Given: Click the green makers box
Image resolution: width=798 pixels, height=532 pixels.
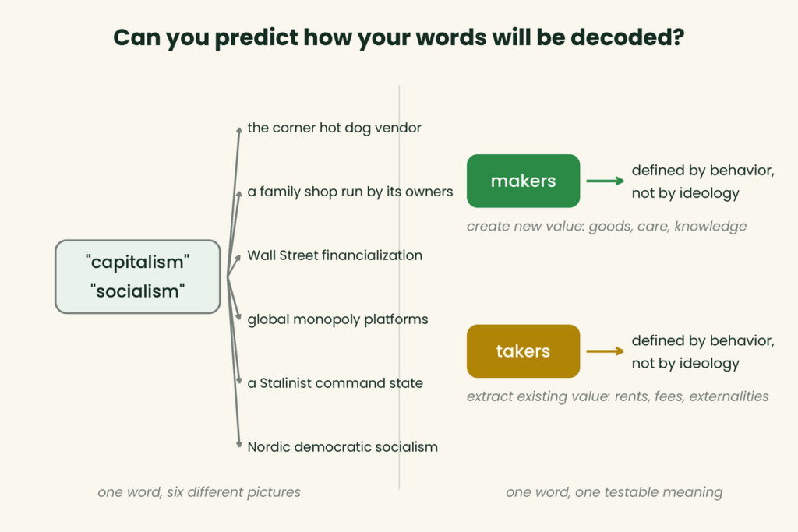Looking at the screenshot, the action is pyautogui.click(x=523, y=181).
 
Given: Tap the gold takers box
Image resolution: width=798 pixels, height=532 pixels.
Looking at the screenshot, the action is pyautogui.click(x=523, y=351).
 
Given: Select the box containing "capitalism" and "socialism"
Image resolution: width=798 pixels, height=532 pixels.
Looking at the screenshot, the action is pyautogui.click(x=138, y=277).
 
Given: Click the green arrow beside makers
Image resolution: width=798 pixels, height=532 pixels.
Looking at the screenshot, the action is pyautogui.click(x=605, y=181).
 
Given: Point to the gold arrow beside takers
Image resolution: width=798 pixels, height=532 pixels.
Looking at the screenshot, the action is pyautogui.click(x=605, y=351).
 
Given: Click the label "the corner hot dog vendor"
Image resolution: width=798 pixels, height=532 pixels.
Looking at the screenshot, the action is pyautogui.click(x=334, y=128).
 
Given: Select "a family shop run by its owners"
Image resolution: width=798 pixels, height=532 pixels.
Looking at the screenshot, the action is pyautogui.click(x=350, y=192).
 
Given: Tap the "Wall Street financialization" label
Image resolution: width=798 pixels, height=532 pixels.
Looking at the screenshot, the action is pyautogui.click(x=335, y=255).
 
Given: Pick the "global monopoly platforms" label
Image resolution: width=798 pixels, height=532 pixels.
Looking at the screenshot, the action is pyautogui.click(x=338, y=319).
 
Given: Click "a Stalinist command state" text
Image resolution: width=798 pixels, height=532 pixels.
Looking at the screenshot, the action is pyautogui.click(x=335, y=383).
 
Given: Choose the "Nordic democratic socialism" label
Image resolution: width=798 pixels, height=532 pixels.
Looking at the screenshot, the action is pyautogui.click(x=343, y=447).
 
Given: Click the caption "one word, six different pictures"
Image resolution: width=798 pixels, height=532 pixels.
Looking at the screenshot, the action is pyautogui.click(x=199, y=492).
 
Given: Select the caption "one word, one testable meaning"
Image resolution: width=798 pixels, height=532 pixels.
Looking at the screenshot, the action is pyautogui.click(x=614, y=492).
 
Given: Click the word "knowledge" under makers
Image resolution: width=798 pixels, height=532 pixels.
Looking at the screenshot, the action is pyautogui.click(x=711, y=227).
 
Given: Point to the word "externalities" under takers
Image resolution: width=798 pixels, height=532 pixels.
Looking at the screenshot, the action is pyautogui.click(x=729, y=396).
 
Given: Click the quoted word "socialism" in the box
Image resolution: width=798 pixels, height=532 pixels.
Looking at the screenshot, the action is pyautogui.click(x=138, y=291).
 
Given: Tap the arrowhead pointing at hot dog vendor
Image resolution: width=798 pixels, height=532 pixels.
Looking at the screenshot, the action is pyautogui.click(x=238, y=130).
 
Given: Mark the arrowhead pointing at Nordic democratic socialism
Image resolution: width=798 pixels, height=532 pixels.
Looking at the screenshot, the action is pyautogui.click(x=238, y=445).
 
